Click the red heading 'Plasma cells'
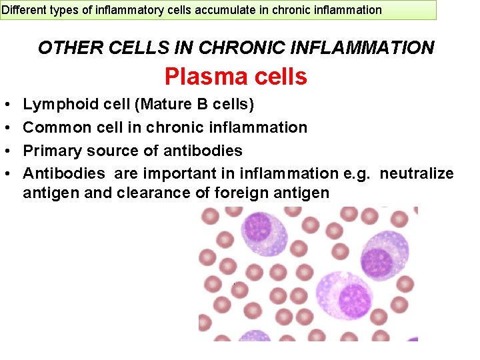(236, 77)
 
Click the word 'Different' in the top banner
(23, 10)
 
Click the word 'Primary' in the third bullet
(51, 151)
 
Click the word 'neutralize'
(417, 174)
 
